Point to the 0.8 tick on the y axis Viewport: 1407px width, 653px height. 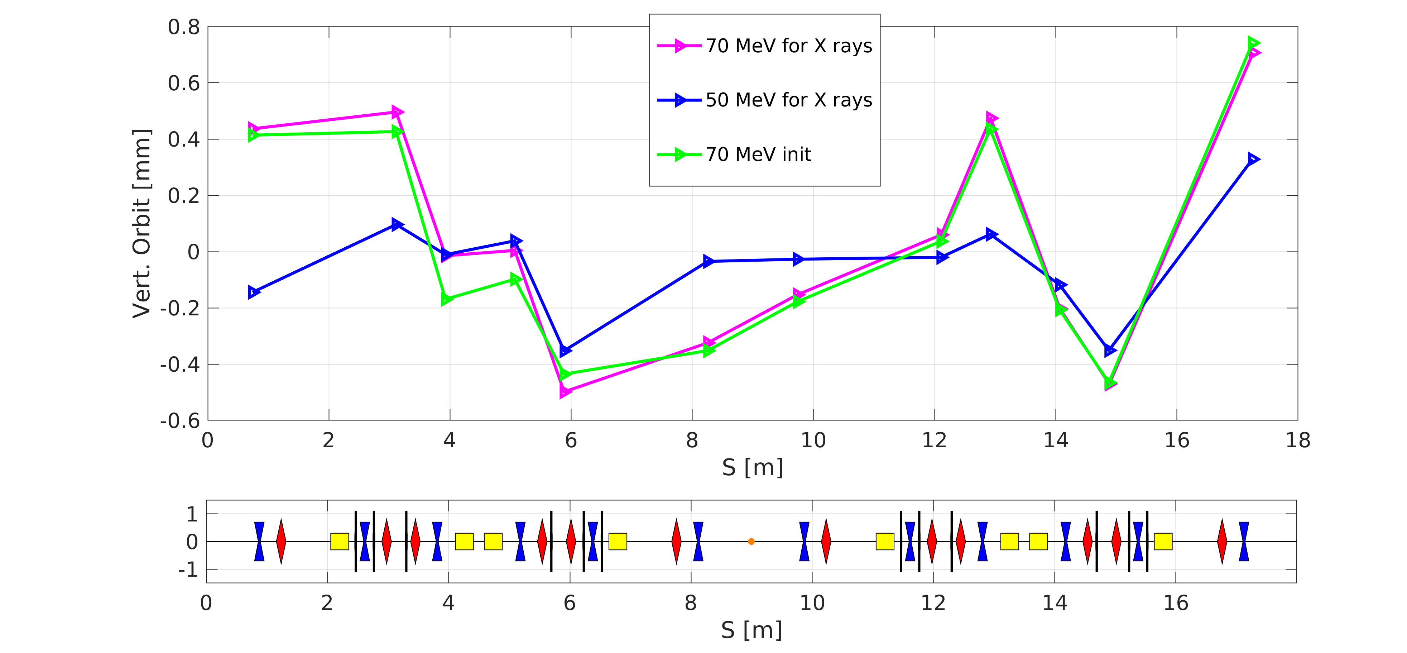point(184,27)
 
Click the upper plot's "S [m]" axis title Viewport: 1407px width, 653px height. point(753,468)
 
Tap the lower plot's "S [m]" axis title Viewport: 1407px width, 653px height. point(751,630)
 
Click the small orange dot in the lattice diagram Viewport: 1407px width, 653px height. point(751,542)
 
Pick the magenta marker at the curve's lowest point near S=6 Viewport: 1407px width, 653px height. point(565,391)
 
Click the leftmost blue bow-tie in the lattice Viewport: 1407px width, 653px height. point(259,542)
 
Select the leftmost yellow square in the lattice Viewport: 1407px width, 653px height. point(340,542)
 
